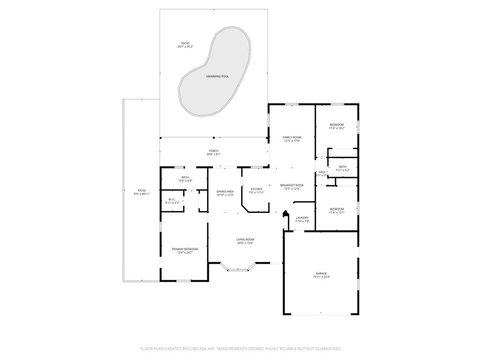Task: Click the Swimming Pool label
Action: pyautogui.click(x=217, y=76)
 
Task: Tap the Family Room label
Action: pyautogui.click(x=292, y=137)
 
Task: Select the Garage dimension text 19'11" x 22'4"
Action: pyautogui.click(x=321, y=277)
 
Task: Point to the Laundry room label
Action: pyautogui.click(x=302, y=218)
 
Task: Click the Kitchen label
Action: pyautogui.click(x=256, y=189)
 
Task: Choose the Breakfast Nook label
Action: pyautogui.click(x=292, y=185)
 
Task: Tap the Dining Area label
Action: pyautogui.click(x=225, y=192)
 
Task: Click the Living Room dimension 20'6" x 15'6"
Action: pyautogui.click(x=245, y=243)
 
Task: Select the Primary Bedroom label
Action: pyautogui.click(x=185, y=249)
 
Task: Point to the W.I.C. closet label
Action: pyautogui.click(x=171, y=200)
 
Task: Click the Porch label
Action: pyautogui.click(x=213, y=151)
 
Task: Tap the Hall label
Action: pyautogui.click(x=322, y=172)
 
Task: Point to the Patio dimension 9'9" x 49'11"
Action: pyautogui.click(x=142, y=194)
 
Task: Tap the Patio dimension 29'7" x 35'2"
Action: pyautogui.click(x=185, y=47)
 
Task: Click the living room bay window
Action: pyautogui.click(x=238, y=270)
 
